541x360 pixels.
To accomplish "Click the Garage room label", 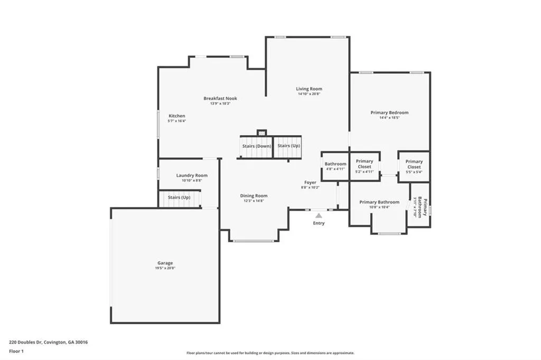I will (165, 263).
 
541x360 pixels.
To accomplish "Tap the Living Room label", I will (309, 89).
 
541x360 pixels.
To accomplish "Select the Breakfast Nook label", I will (220, 98).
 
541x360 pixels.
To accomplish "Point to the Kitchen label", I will (177, 116).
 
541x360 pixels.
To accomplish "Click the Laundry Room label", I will (192, 175).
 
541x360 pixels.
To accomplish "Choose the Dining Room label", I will (254, 196).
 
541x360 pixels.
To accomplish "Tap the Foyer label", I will (310, 183).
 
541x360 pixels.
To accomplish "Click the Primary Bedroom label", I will (389, 112).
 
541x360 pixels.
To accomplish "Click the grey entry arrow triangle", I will (319, 215).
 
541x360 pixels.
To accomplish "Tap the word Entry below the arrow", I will (319, 223).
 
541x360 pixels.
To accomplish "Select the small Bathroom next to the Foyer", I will (335, 166).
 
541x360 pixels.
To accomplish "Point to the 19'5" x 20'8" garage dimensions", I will (165, 268).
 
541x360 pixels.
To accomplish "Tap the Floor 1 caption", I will (16, 351).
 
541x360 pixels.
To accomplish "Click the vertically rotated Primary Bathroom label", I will (422, 207).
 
